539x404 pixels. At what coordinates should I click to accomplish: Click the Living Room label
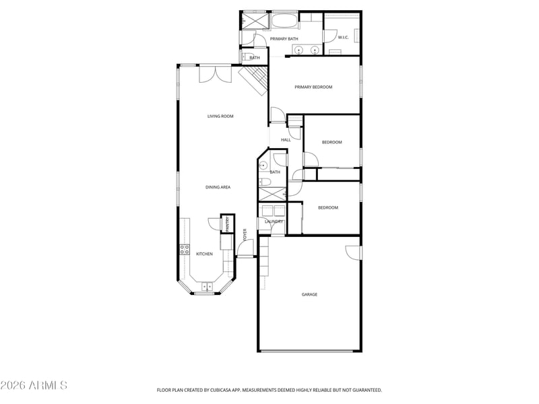click(x=220, y=116)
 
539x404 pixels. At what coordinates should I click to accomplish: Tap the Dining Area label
click(x=218, y=187)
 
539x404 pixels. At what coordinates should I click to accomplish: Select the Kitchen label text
click(x=204, y=254)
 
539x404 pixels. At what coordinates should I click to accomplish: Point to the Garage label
click(x=309, y=294)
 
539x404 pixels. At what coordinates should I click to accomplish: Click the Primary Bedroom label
click(x=313, y=87)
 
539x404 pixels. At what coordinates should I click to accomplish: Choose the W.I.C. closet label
click(x=343, y=37)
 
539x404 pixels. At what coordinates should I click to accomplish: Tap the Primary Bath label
click(x=284, y=39)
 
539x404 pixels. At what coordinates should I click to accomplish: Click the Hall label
click(x=286, y=140)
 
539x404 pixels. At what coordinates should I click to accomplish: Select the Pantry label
click(x=227, y=224)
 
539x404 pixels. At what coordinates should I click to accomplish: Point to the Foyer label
click(x=245, y=234)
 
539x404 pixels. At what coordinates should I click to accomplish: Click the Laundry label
click(x=274, y=222)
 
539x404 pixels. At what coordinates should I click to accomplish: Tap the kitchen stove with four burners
click(x=185, y=250)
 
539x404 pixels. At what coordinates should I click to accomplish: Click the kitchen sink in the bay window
click(x=207, y=286)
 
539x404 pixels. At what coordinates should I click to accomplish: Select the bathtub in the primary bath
click(x=284, y=20)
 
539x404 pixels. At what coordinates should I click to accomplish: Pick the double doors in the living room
click(x=216, y=74)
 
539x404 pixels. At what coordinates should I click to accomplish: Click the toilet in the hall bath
click(x=265, y=182)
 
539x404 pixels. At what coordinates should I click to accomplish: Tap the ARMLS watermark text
click(x=34, y=385)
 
